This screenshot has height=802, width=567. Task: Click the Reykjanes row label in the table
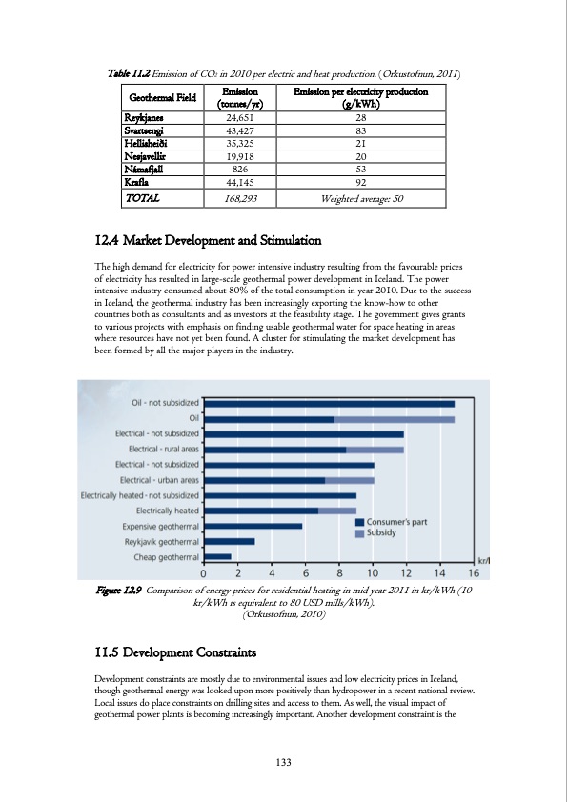point(144,117)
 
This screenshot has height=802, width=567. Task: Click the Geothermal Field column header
point(158,98)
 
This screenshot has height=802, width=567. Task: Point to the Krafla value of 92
point(360,181)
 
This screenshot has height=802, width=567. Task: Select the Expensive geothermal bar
point(253,526)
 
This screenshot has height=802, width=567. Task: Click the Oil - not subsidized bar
point(330,404)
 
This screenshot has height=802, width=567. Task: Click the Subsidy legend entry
point(381,533)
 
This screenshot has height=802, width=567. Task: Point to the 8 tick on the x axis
point(338,573)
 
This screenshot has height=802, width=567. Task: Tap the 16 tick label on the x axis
point(473,573)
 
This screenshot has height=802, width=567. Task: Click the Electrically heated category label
point(162,511)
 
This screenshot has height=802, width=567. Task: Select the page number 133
point(283,761)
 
